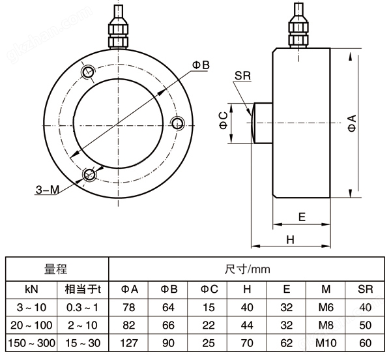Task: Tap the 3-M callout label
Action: click(x=47, y=190)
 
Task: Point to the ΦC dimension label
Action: click(x=223, y=121)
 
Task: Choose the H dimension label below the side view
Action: click(x=291, y=239)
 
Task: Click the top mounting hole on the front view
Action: click(x=87, y=71)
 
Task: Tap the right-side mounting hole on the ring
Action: click(x=176, y=123)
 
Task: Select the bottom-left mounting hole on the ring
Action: click(x=89, y=175)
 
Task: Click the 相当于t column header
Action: click(x=82, y=288)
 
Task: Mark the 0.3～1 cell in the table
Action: click(x=82, y=307)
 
